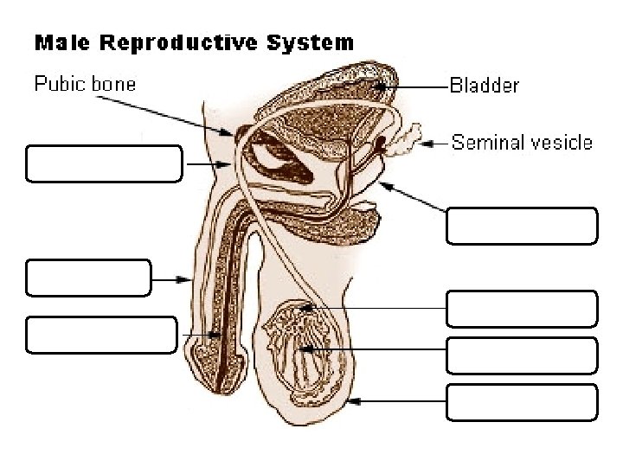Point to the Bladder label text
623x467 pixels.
click(x=484, y=86)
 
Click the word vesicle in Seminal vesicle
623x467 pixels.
click(x=557, y=143)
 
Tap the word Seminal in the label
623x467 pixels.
click(x=485, y=143)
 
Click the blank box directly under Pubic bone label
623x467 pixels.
click(x=104, y=163)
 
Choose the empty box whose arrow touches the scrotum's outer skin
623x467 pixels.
click(x=522, y=402)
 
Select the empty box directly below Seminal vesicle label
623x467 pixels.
click(x=522, y=226)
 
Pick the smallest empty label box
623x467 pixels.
click(x=88, y=278)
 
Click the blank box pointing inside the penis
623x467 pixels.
click(x=101, y=335)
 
